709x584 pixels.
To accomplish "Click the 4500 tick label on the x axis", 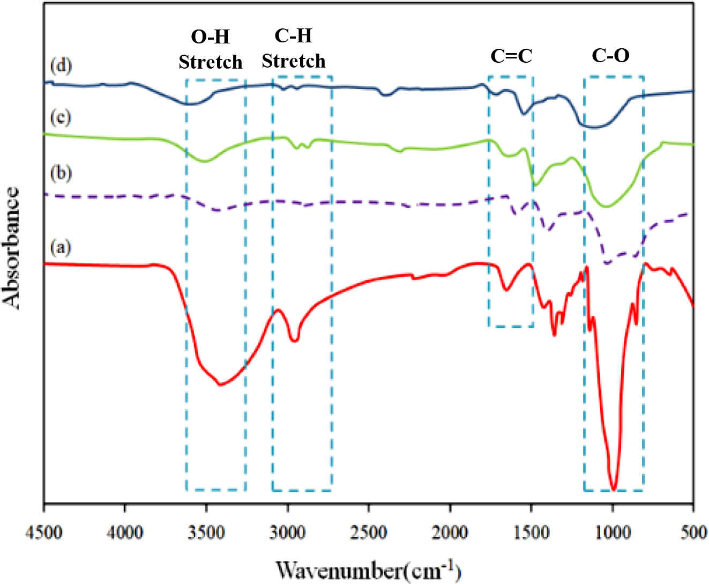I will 44,533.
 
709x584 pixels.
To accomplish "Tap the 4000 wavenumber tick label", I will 125,533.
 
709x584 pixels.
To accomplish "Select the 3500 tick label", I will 206,533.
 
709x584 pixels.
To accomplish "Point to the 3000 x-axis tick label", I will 288,533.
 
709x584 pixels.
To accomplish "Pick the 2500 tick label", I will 369,533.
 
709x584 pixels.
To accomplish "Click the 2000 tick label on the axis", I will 450,533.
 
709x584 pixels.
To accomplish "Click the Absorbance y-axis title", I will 12,248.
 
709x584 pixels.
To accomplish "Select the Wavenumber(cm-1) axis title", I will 368,570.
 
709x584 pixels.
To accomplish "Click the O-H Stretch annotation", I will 211,49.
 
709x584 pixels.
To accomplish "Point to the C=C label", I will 511,55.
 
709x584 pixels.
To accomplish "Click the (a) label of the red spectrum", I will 60,247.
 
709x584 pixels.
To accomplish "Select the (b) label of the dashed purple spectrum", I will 60,173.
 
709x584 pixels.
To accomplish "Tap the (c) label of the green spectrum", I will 60,117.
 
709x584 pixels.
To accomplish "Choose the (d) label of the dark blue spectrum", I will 61,66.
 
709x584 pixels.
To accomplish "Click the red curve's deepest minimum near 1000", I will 614,488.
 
